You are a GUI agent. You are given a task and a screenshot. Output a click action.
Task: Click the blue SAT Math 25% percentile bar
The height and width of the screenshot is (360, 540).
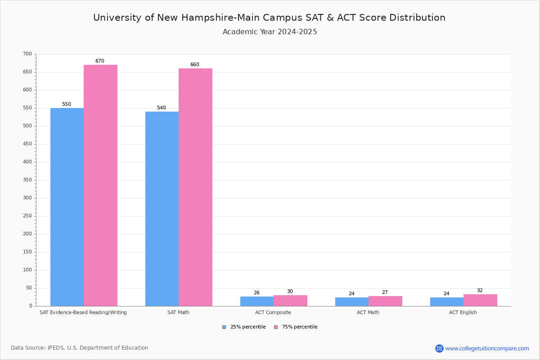pyautogui.click(x=162, y=209)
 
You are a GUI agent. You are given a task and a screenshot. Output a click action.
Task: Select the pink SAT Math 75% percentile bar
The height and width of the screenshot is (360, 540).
pyautogui.click(x=195, y=187)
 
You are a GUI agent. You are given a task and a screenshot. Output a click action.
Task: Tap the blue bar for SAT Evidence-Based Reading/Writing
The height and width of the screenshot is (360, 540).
pyautogui.click(x=67, y=207)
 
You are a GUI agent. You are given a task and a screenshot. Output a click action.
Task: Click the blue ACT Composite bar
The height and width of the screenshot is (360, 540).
pyautogui.click(x=257, y=301)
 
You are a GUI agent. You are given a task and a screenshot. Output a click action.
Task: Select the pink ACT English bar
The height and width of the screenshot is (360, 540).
pyautogui.click(x=480, y=300)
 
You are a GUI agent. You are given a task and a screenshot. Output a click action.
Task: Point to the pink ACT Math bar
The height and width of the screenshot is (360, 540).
pyautogui.click(x=385, y=301)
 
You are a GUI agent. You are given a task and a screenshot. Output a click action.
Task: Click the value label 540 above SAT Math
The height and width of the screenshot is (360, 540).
pyautogui.click(x=161, y=108)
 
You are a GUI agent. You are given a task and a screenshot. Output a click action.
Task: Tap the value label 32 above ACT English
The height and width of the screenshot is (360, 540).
pyautogui.click(x=480, y=291)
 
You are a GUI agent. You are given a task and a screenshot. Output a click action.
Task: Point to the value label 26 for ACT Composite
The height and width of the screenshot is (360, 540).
pyautogui.click(x=256, y=293)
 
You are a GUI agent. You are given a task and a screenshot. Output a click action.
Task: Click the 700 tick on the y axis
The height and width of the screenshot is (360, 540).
pyautogui.click(x=27, y=54)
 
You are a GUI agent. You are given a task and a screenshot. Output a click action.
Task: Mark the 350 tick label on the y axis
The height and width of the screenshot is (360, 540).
pyautogui.click(x=27, y=180)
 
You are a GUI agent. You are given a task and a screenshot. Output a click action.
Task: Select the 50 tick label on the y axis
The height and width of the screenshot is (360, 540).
pyautogui.click(x=29, y=288)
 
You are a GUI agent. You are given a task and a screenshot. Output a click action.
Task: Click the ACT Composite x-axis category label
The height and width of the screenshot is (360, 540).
pyautogui.click(x=273, y=312)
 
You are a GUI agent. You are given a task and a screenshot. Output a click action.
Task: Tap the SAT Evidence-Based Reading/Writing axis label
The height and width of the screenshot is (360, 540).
pyautogui.click(x=83, y=312)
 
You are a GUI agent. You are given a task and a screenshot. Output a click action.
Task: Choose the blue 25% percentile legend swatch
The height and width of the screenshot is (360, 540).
pyautogui.click(x=224, y=327)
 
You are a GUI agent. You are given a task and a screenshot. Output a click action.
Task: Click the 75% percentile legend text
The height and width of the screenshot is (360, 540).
pyautogui.click(x=300, y=327)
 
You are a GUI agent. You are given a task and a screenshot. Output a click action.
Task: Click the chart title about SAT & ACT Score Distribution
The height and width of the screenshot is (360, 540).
pyautogui.click(x=269, y=18)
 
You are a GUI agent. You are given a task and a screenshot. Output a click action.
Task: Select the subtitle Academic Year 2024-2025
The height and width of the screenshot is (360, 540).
pyautogui.click(x=270, y=32)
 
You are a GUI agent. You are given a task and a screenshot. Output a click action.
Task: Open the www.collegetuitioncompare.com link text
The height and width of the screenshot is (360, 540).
pyautogui.click(x=487, y=348)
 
